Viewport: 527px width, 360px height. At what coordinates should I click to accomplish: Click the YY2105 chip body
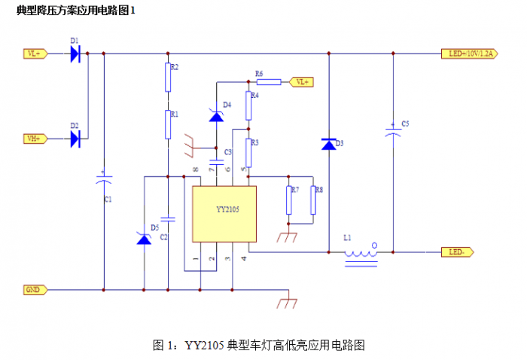point(224,213)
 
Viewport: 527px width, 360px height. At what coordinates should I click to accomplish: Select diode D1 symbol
point(75,53)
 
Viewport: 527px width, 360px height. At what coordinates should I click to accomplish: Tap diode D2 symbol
point(75,139)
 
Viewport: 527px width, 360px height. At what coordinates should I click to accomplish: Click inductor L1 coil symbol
point(361,253)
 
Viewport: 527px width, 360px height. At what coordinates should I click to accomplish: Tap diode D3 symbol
point(329,144)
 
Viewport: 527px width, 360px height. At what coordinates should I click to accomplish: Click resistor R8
point(312,200)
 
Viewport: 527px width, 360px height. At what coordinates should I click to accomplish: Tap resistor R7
point(288,200)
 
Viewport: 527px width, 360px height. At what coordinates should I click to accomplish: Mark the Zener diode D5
point(143,238)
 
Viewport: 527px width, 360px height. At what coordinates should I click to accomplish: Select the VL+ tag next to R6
point(302,81)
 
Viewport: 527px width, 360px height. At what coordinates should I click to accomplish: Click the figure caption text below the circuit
point(259,345)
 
